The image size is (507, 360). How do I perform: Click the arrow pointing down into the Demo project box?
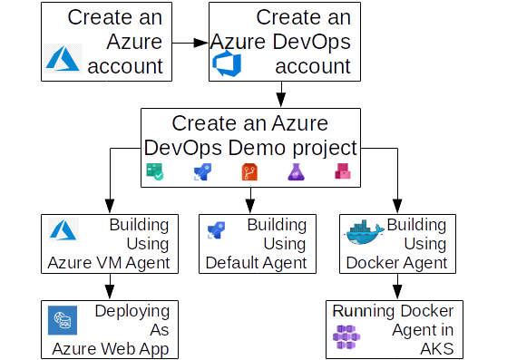coord(281,95)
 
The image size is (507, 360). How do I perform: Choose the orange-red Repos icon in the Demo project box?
coord(249,171)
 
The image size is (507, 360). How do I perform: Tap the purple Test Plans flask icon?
coord(296,171)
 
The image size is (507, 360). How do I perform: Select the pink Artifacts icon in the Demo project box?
coord(342,171)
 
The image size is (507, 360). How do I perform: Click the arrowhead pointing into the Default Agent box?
coord(249,206)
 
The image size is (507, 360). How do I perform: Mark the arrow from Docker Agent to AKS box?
coord(395,287)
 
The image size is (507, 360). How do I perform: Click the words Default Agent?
coord(256,263)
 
